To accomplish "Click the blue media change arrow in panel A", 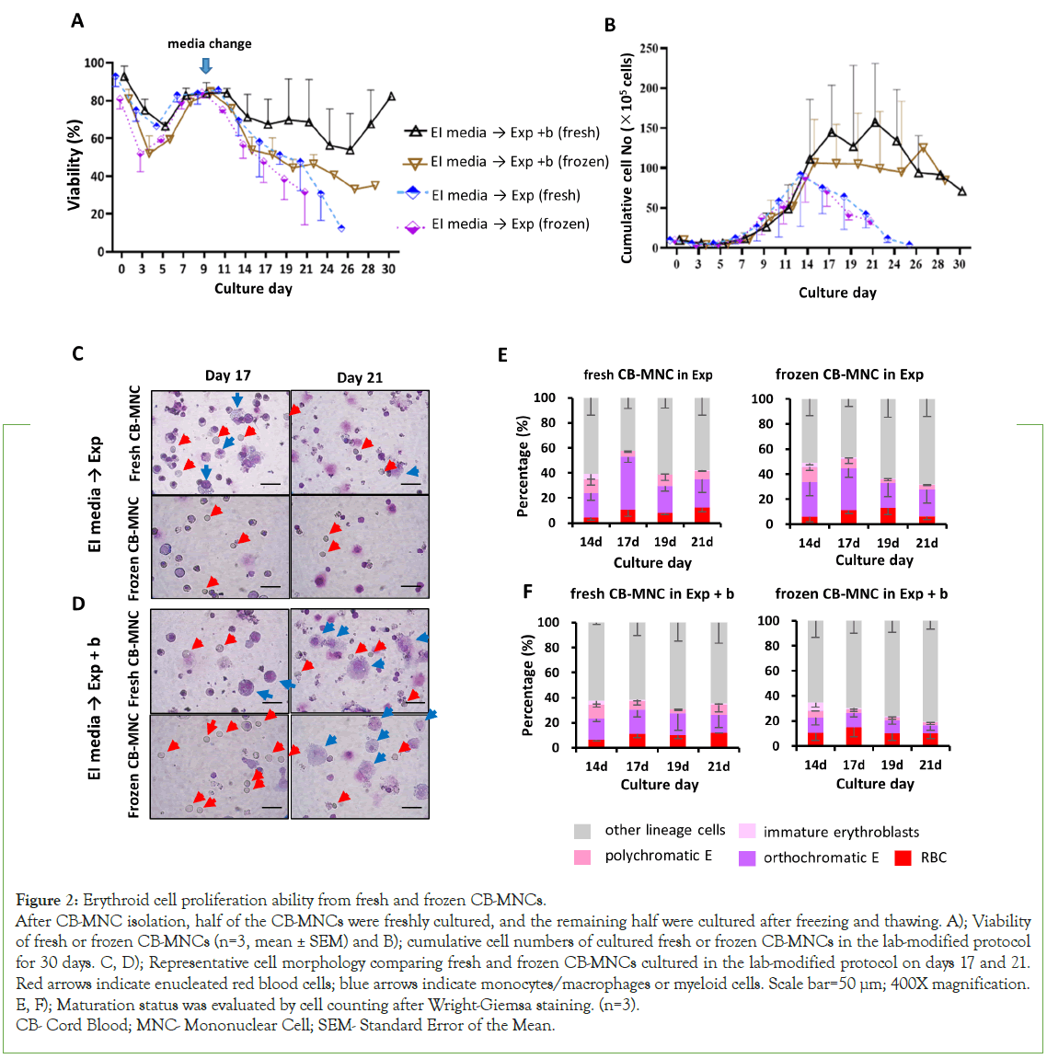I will click(206, 65).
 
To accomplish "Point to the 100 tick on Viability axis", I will click(94, 63).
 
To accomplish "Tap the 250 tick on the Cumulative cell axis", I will click(648, 48).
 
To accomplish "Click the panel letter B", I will click(610, 26).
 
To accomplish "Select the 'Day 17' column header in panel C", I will click(227, 375).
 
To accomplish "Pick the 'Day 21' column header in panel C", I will click(360, 377).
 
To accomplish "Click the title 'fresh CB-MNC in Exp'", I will click(648, 374).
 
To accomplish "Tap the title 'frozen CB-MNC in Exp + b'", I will click(861, 593).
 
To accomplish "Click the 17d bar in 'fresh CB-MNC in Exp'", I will click(627, 460).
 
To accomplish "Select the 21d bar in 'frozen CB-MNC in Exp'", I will click(927, 461).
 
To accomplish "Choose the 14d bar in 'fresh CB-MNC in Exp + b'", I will click(596, 685).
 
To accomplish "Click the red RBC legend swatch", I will click(903, 858).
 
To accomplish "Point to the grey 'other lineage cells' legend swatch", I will click(582, 831).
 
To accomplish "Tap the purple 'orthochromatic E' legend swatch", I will click(747, 858).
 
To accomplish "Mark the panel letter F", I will click(528, 591).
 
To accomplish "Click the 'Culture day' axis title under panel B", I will click(837, 293).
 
